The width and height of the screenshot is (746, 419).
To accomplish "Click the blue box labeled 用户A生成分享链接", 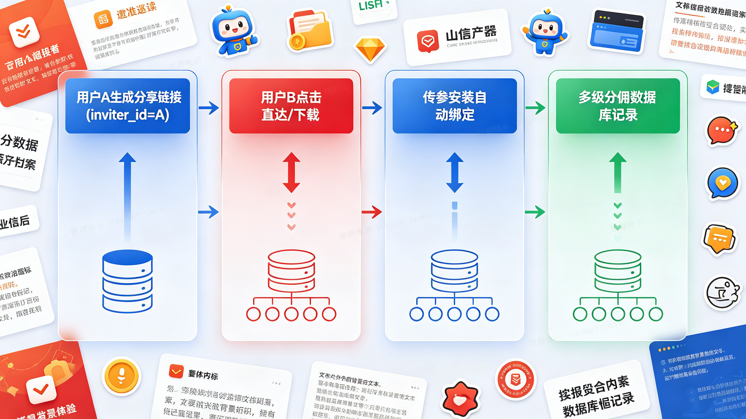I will [x=127, y=106].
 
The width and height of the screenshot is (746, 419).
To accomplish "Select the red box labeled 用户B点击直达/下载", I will [x=291, y=106].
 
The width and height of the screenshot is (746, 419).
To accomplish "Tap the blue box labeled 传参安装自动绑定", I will [x=455, y=106].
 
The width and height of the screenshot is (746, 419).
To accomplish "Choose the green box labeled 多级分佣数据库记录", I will [x=618, y=106].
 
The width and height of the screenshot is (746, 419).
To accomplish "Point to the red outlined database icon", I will [x=291, y=271].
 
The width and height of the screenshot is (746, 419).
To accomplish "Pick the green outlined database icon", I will [x=618, y=271].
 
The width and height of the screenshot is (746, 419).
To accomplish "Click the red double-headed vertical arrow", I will [x=291, y=173].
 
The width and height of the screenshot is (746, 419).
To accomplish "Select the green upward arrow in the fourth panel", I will [x=618, y=173].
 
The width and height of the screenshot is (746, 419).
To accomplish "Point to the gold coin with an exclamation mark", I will [x=121, y=376].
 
